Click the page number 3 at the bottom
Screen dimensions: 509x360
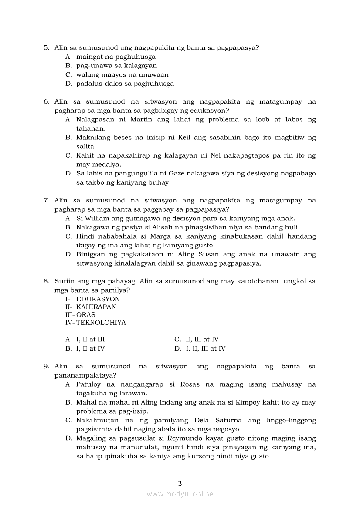click(180, 483)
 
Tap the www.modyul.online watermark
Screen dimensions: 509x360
click(180, 494)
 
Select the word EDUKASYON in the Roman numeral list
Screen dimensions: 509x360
click(98, 299)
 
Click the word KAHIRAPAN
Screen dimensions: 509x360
click(96, 307)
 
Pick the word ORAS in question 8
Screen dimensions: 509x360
click(86, 315)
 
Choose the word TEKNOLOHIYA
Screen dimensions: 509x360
click(101, 323)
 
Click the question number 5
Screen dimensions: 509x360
click(46, 47)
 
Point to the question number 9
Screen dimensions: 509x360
click(46, 367)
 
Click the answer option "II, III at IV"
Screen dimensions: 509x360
click(202, 340)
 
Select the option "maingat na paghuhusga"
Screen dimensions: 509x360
click(115, 57)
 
